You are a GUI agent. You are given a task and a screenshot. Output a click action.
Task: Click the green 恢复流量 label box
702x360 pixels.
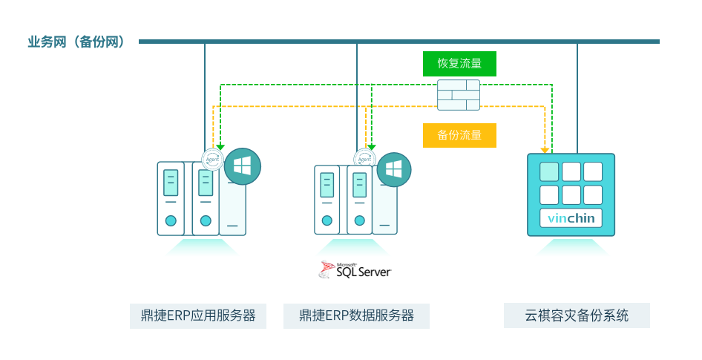459,64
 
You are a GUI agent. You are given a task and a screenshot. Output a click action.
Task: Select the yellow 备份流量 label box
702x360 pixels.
459,135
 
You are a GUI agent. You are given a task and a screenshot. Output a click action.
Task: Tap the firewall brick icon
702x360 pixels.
458,95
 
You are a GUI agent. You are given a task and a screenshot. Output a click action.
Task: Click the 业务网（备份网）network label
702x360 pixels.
75,42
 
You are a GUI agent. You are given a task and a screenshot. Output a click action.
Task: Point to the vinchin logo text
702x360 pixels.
571,218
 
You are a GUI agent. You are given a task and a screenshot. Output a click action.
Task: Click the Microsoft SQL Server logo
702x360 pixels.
354,270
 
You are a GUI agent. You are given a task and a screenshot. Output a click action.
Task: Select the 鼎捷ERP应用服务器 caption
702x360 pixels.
198,315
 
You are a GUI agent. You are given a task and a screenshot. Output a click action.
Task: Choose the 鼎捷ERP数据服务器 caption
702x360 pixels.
356,315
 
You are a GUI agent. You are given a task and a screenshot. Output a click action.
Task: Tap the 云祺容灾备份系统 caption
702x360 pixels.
577,315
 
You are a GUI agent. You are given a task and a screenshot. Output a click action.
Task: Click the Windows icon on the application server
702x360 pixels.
243,167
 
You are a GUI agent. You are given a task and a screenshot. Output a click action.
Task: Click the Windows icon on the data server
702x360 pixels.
394,169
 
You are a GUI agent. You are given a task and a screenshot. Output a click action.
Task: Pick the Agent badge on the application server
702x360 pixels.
213,159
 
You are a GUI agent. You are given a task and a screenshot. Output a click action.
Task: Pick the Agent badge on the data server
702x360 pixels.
364,160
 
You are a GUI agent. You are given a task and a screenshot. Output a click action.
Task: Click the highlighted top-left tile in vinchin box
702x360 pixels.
549,171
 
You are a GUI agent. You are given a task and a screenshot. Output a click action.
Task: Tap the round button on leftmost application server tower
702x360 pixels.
171,220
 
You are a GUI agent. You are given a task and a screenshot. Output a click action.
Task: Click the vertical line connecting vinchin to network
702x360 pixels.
577,96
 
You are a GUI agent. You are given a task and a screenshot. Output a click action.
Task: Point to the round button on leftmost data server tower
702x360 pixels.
326,220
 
